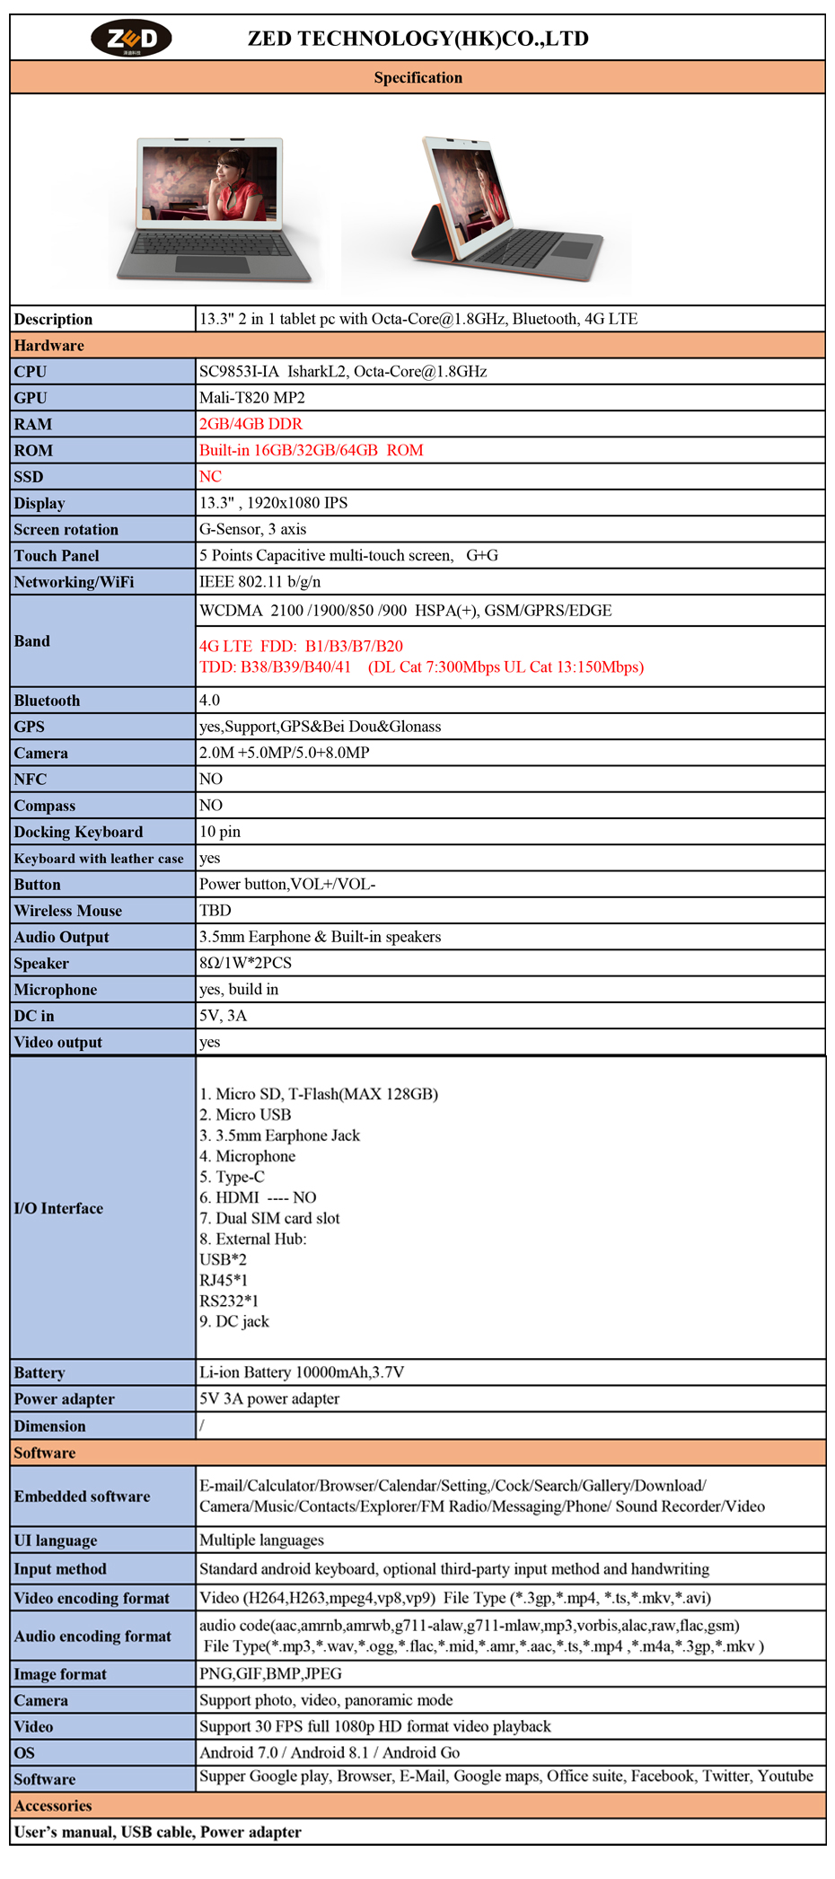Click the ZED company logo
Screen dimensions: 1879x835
[x=131, y=38]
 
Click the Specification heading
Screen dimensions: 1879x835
[x=417, y=77]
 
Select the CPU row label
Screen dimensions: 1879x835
[x=31, y=372]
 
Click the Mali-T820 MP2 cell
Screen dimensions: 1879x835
[x=252, y=398]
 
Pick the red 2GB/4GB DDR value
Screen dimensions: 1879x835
[x=250, y=424]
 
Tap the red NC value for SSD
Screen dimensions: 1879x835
[x=210, y=476]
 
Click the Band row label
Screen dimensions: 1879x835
[x=32, y=641]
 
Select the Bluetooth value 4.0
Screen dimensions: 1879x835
[x=209, y=701]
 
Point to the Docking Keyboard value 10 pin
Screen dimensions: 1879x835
[x=220, y=832]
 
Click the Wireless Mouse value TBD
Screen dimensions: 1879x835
[x=215, y=911]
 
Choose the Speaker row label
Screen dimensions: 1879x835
[x=41, y=964]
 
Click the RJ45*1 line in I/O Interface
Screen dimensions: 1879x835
[x=224, y=1280]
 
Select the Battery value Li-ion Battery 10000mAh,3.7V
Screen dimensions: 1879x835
[x=302, y=1372]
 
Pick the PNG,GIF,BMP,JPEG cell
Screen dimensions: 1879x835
[x=270, y=1674]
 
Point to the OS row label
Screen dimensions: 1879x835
[x=24, y=1753]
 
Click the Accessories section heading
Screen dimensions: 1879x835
[x=53, y=1806]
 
